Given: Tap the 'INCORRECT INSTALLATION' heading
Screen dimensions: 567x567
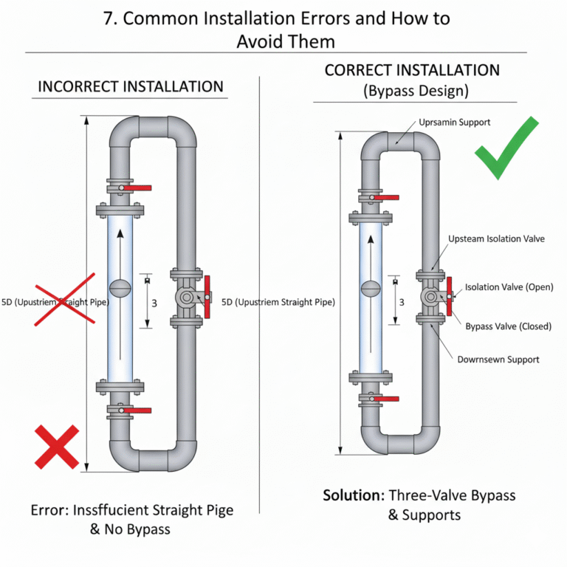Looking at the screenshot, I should click(x=131, y=86).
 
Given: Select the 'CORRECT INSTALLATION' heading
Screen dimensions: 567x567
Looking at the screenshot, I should click(x=412, y=71).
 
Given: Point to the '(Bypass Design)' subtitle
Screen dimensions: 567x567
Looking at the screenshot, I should click(x=412, y=92).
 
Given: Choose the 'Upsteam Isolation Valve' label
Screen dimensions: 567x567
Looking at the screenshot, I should click(x=496, y=239).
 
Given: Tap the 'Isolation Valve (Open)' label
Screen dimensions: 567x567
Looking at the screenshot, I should click(x=509, y=287).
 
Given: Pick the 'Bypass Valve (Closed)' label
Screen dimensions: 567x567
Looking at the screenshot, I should click(x=508, y=326).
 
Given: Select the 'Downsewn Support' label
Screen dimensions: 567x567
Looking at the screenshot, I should click(x=498, y=360).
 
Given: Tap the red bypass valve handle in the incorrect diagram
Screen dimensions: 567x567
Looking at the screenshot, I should click(x=207, y=298).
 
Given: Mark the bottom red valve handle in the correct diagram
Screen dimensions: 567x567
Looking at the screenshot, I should click(x=385, y=399).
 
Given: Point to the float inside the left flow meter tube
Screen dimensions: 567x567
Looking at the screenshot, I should click(x=120, y=286).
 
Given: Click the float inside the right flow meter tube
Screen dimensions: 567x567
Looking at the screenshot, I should click(x=371, y=286).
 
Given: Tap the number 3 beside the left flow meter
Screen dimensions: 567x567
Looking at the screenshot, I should click(x=154, y=302).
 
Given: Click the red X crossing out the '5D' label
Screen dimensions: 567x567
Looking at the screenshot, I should click(x=67, y=298).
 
